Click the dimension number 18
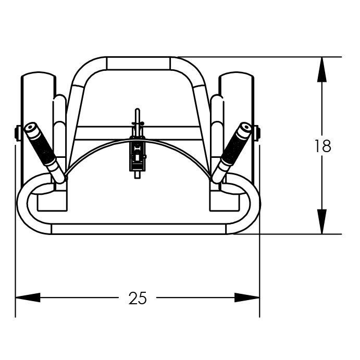[322, 146]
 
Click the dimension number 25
[138, 298]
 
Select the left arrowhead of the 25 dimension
[28, 298]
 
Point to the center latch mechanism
[137, 154]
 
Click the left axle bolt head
[18, 133]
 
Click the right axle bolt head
[257, 133]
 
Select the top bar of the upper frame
[138, 63]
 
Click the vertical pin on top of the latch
[137, 116]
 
